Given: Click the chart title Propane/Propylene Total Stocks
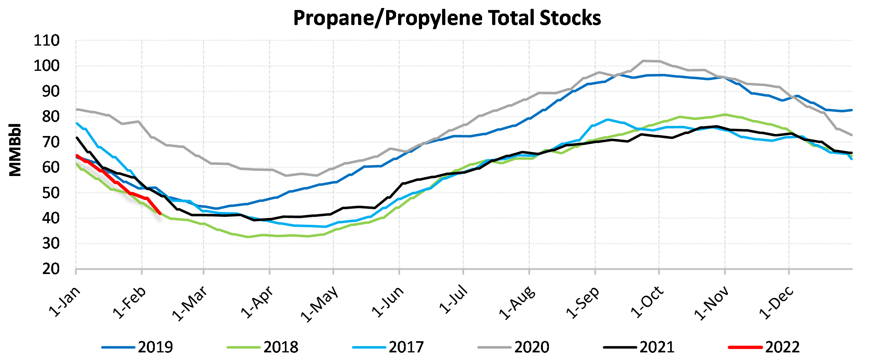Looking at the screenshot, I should (x=447, y=18).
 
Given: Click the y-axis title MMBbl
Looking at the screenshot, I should (x=15, y=150).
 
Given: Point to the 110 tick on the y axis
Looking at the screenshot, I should (x=46, y=41).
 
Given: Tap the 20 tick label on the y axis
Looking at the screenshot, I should (x=51, y=269).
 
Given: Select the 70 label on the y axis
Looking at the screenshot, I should (x=51, y=142).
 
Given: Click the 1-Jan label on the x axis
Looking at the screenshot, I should (x=65, y=302).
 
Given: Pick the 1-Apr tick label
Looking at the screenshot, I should (x=257, y=302).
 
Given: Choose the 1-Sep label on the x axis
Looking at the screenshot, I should (x=583, y=302).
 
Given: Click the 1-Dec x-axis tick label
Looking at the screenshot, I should (x=777, y=303).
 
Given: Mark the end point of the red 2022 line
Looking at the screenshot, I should (x=160, y=214).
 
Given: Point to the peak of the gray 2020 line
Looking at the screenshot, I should (x=643, y=61).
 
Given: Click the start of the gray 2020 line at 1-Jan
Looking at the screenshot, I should (x=76, y=109).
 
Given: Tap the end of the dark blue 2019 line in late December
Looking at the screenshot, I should (x=851, y=110).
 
